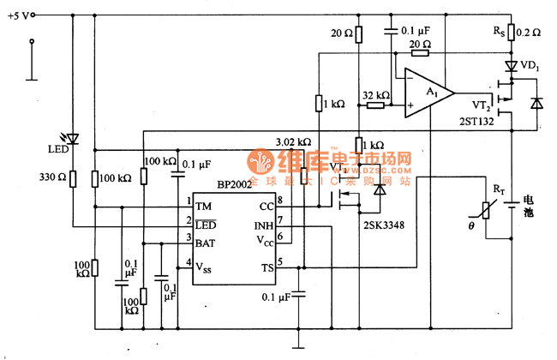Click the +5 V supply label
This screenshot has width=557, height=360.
click(x=21, y=15)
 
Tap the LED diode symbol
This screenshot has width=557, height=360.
click(x=72, y=138)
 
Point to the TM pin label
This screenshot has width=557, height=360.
click(x=203, y=207)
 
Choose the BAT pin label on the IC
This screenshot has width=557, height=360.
click(x=206, y=243)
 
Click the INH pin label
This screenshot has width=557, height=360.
click(x=263, y=225)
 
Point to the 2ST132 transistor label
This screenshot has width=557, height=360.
click(x=476, y=122)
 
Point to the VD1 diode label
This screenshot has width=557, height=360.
click(x=531, y=66)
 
